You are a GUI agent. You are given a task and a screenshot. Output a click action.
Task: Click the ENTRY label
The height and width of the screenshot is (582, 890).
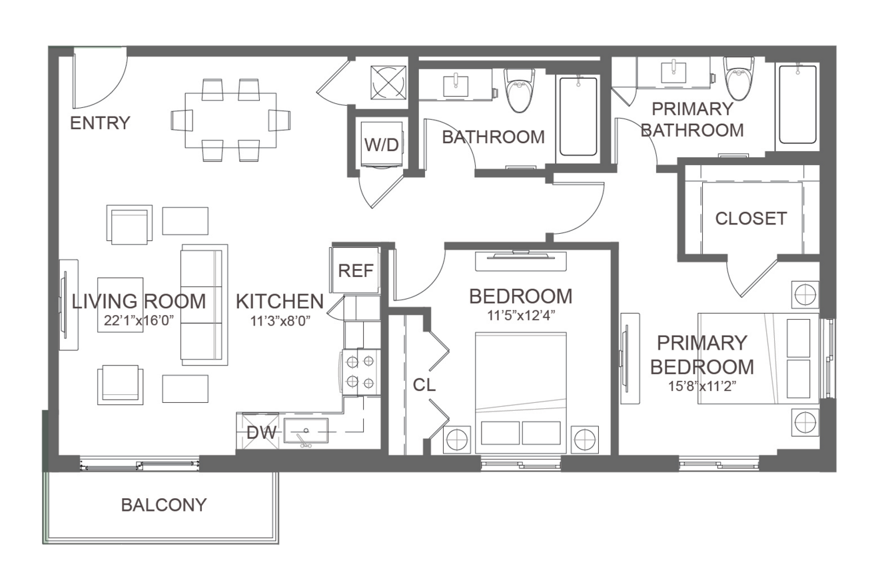click(100, 123)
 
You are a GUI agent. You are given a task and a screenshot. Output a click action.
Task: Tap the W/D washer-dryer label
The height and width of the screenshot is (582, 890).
click(382, 145)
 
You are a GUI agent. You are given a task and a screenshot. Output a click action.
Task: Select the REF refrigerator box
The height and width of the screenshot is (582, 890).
click(355, 270)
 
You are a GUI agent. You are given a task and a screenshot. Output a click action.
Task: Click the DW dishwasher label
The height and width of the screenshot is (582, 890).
click(261, 433)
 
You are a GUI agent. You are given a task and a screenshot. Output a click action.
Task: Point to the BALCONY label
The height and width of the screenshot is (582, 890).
click(164, 505)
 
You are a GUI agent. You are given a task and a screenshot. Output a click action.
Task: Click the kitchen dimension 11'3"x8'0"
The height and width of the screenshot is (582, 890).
click(280, 320)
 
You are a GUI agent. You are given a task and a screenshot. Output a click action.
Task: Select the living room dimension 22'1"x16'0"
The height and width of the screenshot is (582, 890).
click(139, 320)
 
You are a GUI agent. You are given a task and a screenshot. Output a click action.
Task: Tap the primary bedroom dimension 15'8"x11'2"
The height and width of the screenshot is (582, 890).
click(702, 386)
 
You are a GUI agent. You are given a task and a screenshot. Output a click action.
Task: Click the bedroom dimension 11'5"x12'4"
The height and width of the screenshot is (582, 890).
click(521, 316)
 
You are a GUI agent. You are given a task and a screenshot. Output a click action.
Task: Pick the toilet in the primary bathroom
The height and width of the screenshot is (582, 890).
click(739, 78)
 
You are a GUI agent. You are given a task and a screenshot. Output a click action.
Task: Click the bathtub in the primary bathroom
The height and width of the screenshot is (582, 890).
click(798, 104)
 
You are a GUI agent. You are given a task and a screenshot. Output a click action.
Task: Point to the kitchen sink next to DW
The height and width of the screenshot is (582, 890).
click(306, 431)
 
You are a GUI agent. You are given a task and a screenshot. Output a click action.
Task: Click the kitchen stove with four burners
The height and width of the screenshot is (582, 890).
click(360, 372)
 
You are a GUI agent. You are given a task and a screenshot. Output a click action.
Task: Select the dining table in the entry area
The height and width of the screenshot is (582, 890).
click(231, 121)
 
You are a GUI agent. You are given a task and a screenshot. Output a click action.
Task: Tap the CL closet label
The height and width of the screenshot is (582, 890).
click(424, 384)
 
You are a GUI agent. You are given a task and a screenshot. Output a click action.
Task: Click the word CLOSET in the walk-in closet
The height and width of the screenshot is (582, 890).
click(751, 218)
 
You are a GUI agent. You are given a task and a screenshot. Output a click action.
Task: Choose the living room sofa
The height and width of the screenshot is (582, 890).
click(205, 305)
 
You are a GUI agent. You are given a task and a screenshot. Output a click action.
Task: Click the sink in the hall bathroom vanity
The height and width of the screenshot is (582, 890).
click(456, 86)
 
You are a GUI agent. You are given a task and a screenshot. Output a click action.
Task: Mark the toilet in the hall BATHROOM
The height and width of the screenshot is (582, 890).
click(520, 90)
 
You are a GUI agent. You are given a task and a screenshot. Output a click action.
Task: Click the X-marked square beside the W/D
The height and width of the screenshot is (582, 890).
click(388, 83)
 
